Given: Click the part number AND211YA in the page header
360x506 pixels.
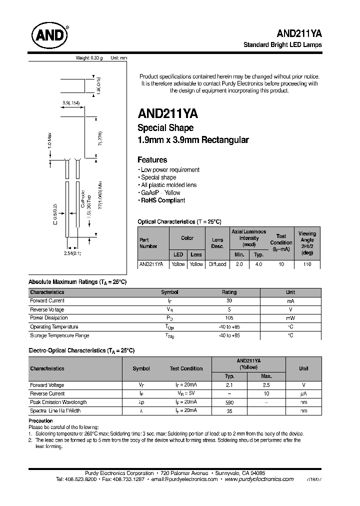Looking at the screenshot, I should (299, 33).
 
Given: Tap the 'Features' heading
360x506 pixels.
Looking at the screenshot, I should (152, 160).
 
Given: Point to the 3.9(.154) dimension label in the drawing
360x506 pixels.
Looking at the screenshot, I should (71, 102).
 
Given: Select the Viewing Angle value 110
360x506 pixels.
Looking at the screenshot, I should (307, 264).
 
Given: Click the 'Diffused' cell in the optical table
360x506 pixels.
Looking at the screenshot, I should (217, 264).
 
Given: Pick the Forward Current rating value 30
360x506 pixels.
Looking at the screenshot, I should (229, 301).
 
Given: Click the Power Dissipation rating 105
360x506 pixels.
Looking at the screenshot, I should (229, 318).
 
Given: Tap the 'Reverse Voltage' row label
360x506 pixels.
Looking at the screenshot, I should (47, 309).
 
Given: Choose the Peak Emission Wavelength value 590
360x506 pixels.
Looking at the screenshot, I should (229, 402).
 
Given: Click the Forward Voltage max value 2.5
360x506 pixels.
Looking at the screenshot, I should (266, 385).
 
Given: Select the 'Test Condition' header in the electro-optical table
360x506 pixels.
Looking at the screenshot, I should (186, 368).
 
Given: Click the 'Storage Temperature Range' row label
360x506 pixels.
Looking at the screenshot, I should (59, 335).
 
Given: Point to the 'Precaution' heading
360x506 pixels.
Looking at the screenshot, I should (40, 421).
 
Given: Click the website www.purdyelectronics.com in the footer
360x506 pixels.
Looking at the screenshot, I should (259, 479).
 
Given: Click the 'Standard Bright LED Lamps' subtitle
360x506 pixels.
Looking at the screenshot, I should (282, 44).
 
